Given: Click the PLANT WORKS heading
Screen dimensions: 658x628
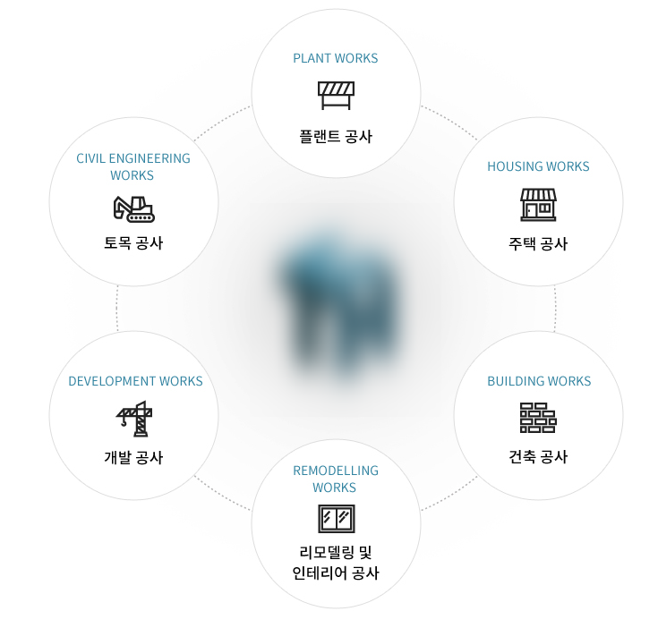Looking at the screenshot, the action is point(336,59).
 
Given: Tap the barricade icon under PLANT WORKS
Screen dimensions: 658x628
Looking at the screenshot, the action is point(336,94).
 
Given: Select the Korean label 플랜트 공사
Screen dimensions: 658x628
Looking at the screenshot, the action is point(336,137).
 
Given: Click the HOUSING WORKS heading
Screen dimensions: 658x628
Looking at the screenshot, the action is point(538,166).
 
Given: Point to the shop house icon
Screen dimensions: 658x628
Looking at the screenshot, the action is point(538,205).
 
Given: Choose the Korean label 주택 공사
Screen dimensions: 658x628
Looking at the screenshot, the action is point(538,244).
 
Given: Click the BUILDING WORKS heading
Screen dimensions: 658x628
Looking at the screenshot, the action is point(538,381).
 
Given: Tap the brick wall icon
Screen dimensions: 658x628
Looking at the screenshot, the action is point(538,418).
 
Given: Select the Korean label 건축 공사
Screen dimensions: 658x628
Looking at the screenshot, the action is point(538,457).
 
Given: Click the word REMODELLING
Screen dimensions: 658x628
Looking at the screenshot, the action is point(336,471).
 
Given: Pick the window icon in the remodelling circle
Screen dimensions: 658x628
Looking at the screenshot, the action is point(336,519).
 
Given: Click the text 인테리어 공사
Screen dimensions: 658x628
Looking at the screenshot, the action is point(336,573).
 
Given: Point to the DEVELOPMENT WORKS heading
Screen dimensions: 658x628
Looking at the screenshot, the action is point(135,381).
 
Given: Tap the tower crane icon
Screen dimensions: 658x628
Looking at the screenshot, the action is point(134,418).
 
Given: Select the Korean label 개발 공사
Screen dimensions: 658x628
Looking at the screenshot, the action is point(133,457).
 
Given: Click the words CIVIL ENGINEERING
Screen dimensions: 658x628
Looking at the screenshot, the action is point(133,158).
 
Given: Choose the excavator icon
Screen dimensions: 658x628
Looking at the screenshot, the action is point(134,208).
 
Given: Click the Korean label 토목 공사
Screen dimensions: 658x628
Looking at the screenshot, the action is point(133,242).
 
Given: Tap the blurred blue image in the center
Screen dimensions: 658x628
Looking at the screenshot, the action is point(339,304).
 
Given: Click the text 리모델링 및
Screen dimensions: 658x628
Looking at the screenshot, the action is point(336,552).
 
